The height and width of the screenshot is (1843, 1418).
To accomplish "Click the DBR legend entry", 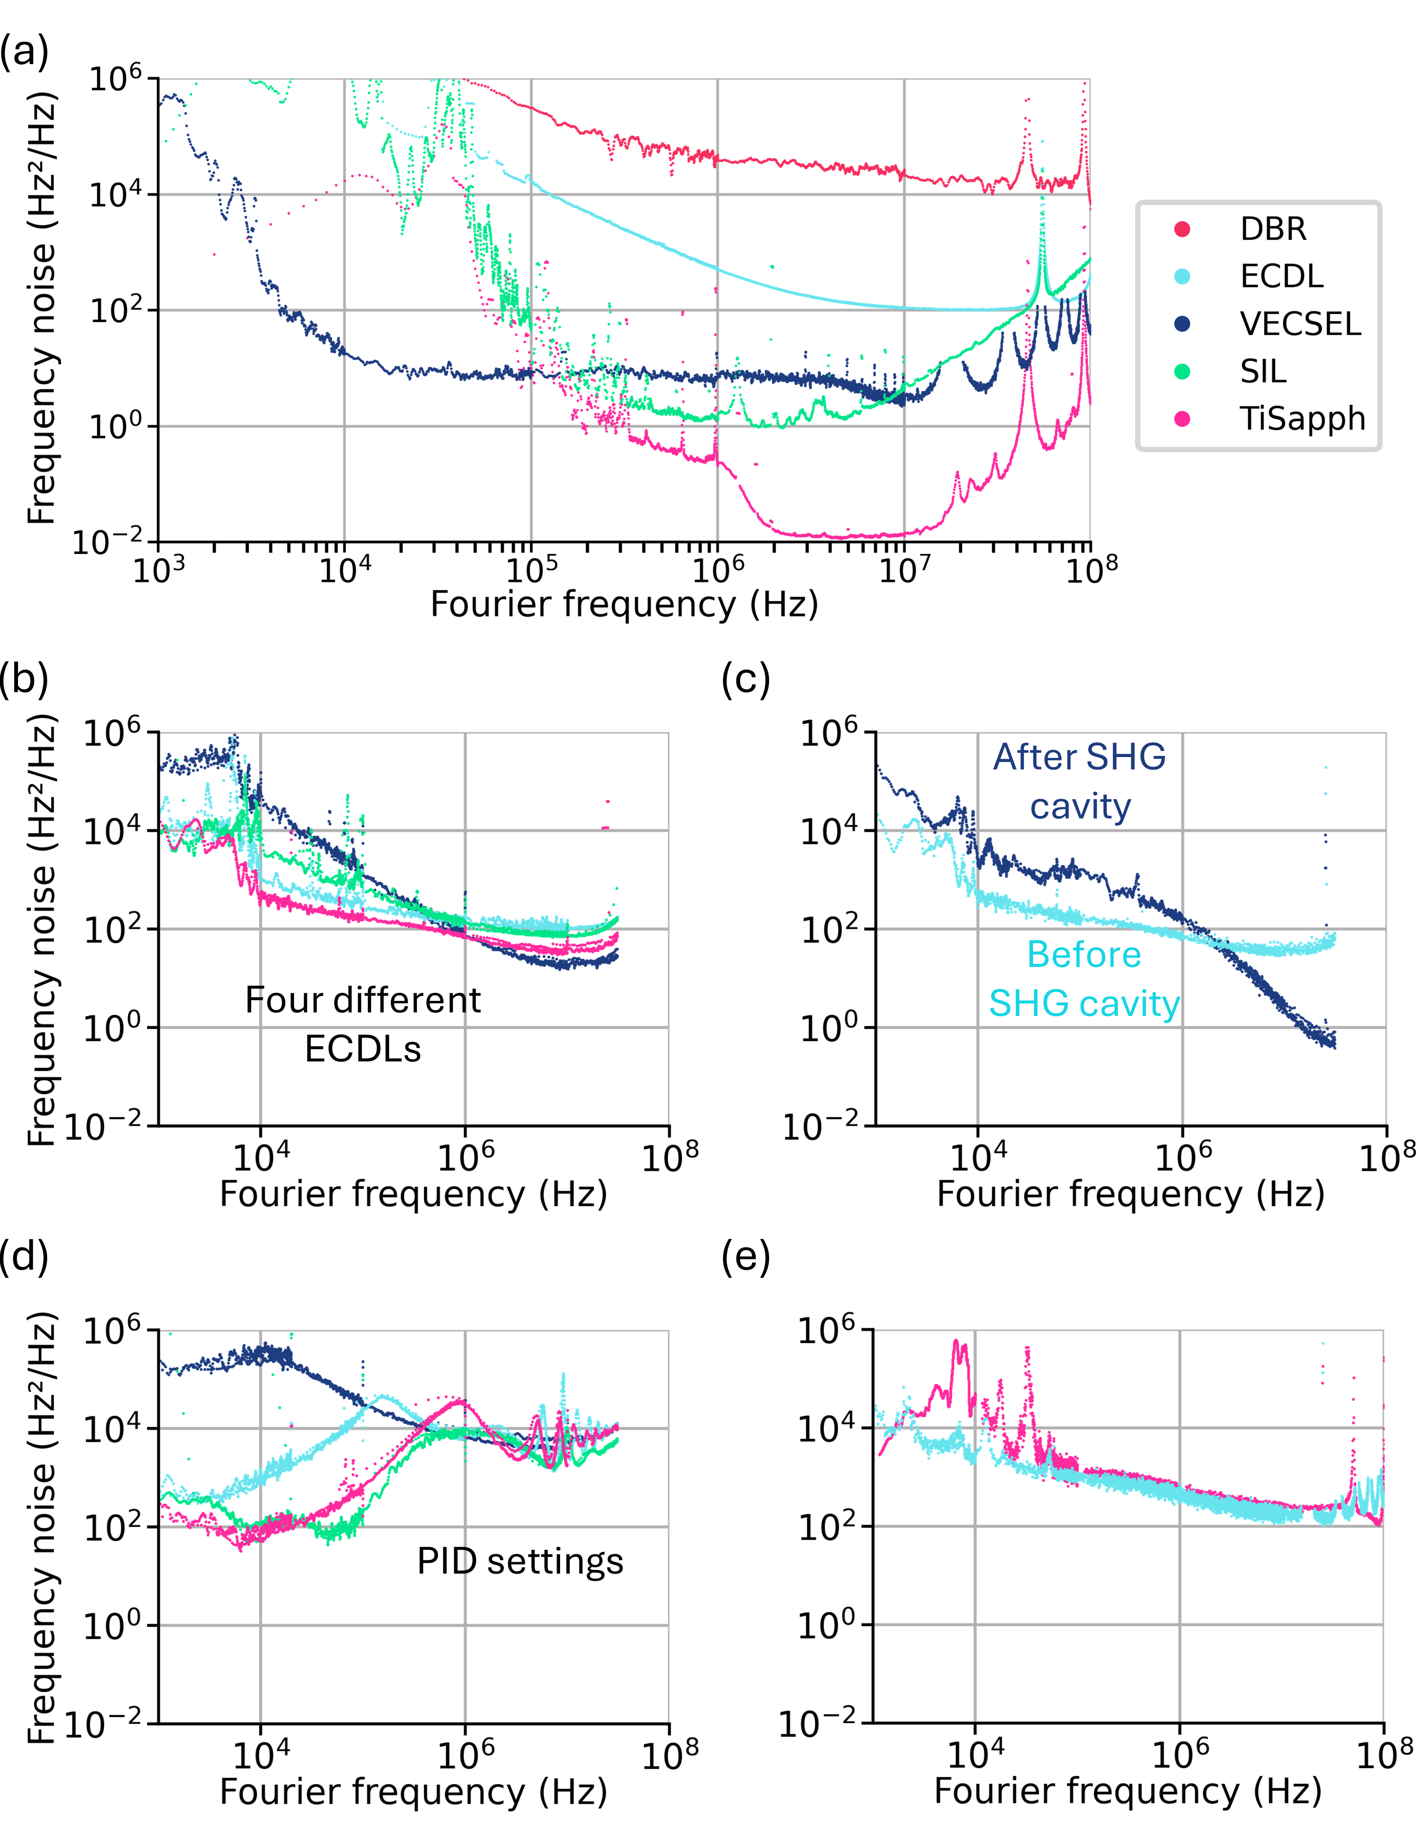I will click(1272, 229).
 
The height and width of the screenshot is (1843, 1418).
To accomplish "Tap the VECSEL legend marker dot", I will click(1183, 324).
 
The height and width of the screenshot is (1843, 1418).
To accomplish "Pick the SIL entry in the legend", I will click(1263, 371).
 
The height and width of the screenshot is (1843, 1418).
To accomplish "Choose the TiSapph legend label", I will click(1302, 419).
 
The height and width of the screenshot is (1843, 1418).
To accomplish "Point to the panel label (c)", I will click(746, 679).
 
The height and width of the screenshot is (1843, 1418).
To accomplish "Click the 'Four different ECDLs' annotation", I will click(363, 1024).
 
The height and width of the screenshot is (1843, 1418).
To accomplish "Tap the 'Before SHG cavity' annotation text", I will click(1084, 979).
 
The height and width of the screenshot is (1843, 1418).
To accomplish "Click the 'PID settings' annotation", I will click(519, 1561).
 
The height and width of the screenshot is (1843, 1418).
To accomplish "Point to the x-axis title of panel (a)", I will click(624, 604).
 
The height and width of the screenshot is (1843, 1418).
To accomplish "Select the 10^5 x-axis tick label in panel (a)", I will click(530, 571).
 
